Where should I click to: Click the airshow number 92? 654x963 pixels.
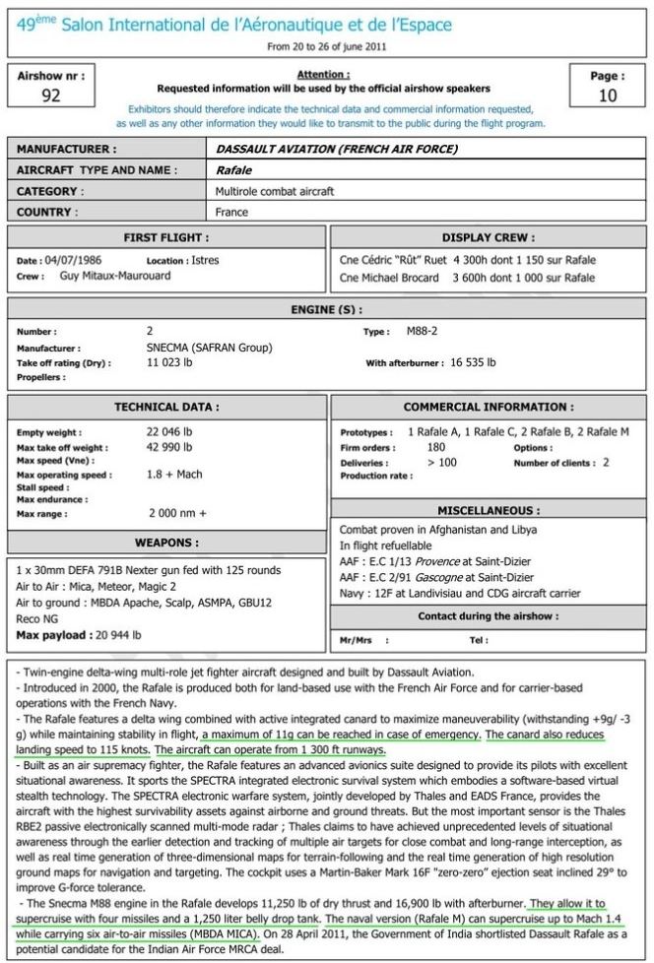tap(52, 96)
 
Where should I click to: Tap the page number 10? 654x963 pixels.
tap(608, 96)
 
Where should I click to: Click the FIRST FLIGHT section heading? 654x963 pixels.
tap(164, 237)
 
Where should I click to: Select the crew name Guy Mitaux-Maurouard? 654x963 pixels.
tap(100, 277)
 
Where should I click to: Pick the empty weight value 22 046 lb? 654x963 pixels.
tap(169, 432)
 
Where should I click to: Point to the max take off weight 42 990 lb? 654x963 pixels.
tap(169, 447)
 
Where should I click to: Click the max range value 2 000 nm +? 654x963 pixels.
tap(177, 513)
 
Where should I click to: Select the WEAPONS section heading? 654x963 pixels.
tap(164, 543)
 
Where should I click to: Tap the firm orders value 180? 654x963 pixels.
tap(435, 447)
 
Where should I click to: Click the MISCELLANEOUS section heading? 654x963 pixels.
tap(489, 510)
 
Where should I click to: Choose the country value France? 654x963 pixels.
tap(232, 212)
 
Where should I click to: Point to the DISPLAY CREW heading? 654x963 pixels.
tap(489, 237)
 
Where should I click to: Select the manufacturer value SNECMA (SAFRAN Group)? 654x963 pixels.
tap(209, 348)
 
